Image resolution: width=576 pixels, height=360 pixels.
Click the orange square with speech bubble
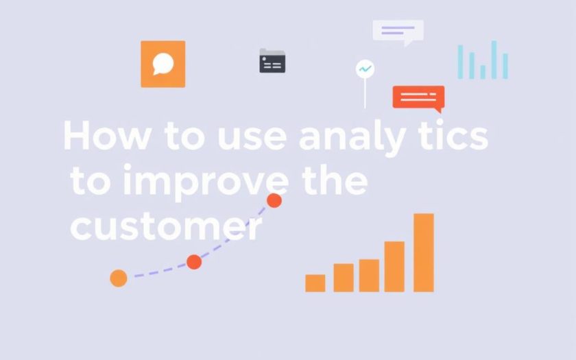tap(163, 64)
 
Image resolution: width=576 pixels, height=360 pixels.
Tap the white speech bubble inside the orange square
tap(163, 64)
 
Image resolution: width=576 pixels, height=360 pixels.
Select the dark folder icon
tap(272, 60)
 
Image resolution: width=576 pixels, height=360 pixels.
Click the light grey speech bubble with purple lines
tap(398, 32)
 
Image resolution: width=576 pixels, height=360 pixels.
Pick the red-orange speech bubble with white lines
tap(418, 98)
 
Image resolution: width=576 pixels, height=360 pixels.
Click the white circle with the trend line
tap(365, 69)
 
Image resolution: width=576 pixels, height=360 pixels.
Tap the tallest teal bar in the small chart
tap(494, 60)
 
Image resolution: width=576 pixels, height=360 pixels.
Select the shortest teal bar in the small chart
tap(483, 72)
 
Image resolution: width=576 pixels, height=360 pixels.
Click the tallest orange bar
tap(424, 253)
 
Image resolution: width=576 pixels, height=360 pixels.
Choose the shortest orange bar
tap(315, 283)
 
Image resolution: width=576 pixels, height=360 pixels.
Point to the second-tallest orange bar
tap(394, 267)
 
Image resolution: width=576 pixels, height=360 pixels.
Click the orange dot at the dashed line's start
tap(119, 278)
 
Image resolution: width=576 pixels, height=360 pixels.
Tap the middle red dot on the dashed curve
tap(194, 262)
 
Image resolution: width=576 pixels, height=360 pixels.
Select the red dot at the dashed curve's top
tap(274, 200)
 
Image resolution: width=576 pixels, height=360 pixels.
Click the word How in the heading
tap(107, 135)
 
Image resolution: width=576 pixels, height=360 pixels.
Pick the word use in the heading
tap(252, 137)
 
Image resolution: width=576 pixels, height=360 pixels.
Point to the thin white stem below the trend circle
tap(365, 93)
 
